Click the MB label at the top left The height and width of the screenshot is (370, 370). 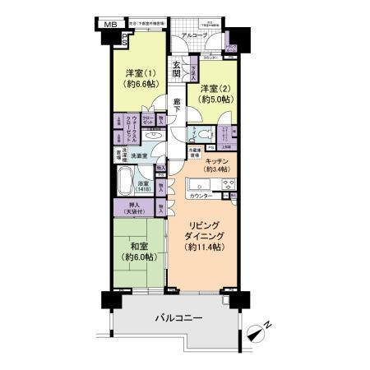coord(108,25)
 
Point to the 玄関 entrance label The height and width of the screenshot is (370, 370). coord(177,71)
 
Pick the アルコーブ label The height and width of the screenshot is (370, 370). coord(194,36)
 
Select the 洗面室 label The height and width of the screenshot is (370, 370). coord(137,155)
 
